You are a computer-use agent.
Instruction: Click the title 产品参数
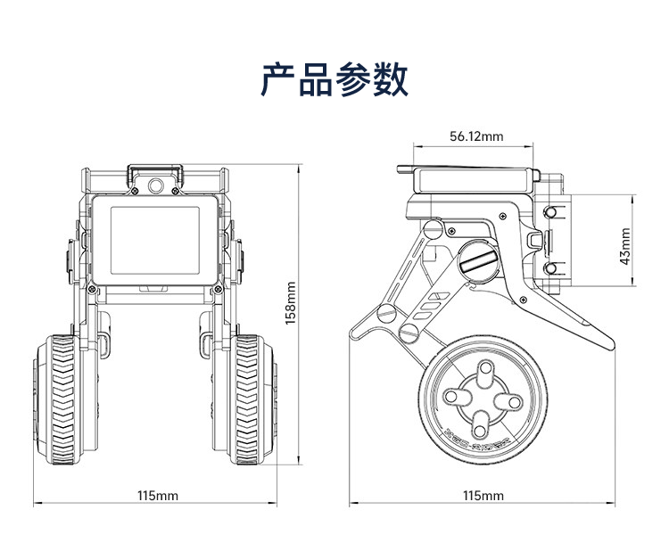pyautogui.click(x=334, y=79)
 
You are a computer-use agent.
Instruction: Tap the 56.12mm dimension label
pyautogui.click(x=476, y=136)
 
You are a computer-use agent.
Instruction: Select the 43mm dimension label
pyautogui.click(x=625, y=246)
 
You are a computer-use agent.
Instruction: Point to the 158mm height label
pyautogui.click(x=291, y=303)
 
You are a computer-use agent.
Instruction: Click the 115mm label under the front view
pyautogui.click(x=157, y=496)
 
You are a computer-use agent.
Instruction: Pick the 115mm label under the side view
pyautogui.click(x=483, y=496)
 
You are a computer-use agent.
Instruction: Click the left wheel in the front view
pyautogui.click(x=65, y=399)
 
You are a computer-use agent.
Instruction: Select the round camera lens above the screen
pyautogui.click(x=156, y=186)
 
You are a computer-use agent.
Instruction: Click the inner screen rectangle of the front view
pyautogui.click(x=155, y=241)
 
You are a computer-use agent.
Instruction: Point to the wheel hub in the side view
pyautogui.click(x=483, y=399)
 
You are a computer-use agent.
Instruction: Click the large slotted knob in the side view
pyautogui.click(x=479, y=260)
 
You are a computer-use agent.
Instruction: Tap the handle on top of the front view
pyautogui.click(x=155, y=175)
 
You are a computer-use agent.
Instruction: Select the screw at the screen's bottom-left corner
pyautogui.click(x=91, y=290)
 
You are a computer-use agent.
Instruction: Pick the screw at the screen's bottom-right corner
pyautogui.click(x=218, y=290)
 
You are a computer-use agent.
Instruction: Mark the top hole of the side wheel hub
pyautogui.click(x=485, y=369)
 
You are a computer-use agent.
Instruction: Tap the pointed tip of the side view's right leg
pyautogui.click(x=613, y=344)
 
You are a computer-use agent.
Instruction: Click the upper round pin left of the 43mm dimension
pyautogui.click(x=551, y=212)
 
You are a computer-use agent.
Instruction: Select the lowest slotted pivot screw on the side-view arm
pyautogui.click(x=409, y=333)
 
